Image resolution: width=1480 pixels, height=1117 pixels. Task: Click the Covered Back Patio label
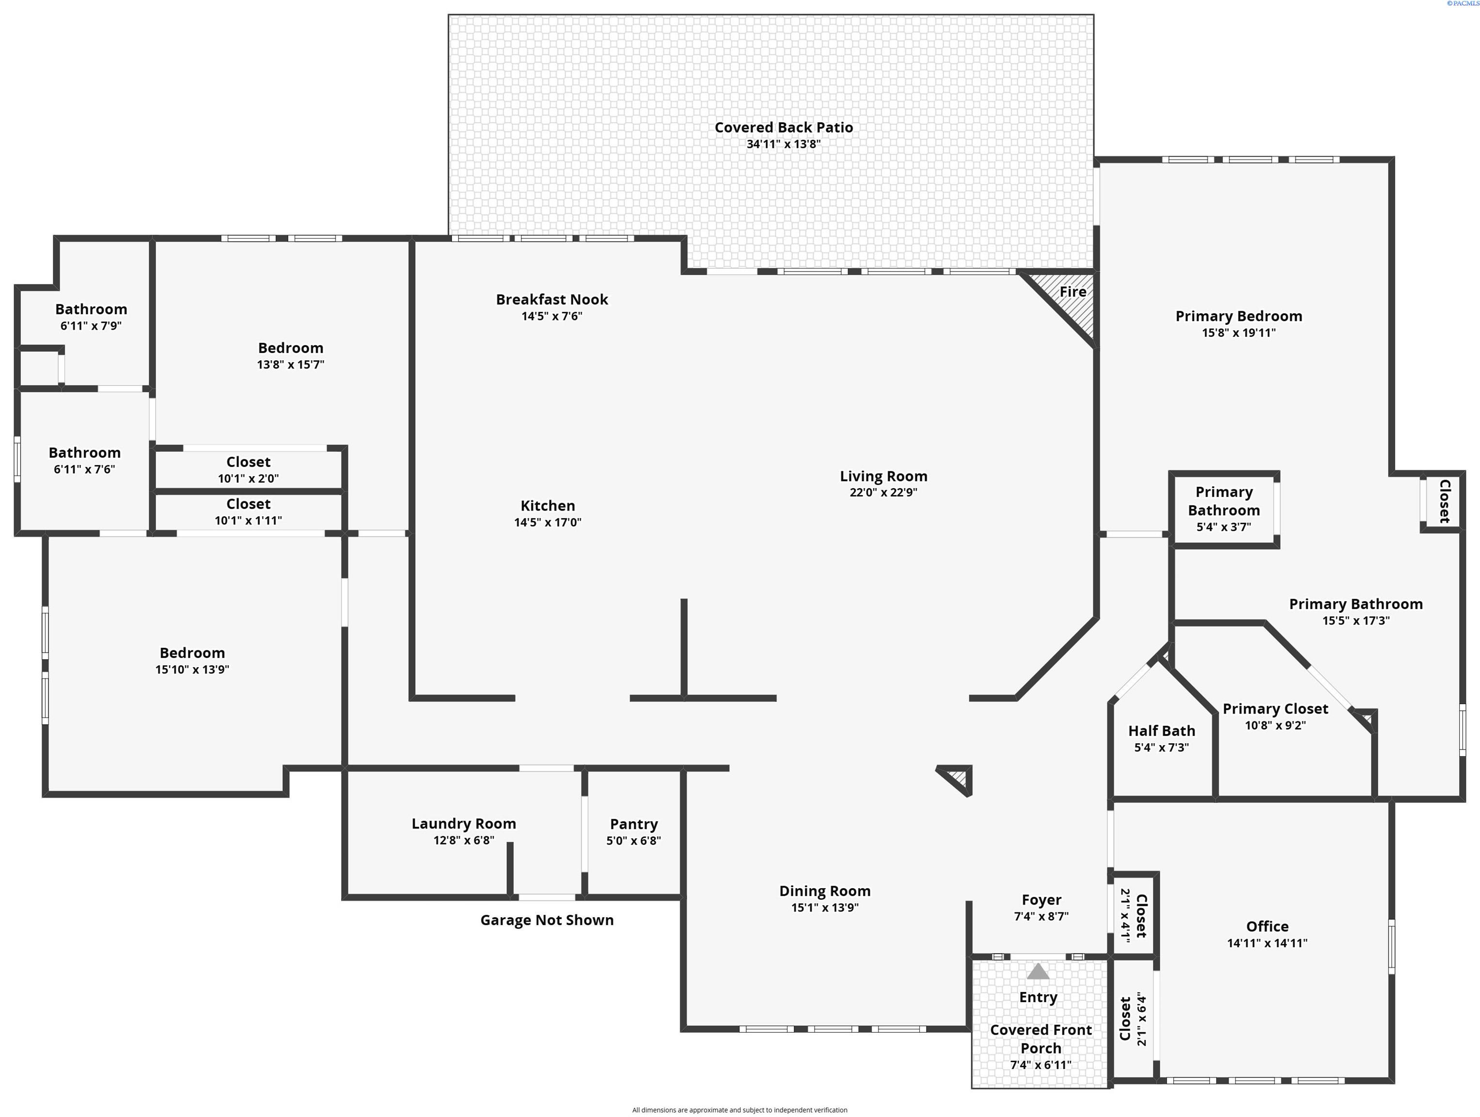[x=784, y=127]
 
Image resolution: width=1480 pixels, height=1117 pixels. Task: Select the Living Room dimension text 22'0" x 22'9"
[x=883, y=493]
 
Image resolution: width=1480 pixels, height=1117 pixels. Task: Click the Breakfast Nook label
[x=552, y=299]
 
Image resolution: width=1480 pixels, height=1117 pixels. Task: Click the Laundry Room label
[x=464, y=824]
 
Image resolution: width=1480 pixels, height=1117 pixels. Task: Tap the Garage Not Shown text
[x=547, y=920]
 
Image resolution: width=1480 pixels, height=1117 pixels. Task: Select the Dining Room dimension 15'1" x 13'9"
[x=824, y=908]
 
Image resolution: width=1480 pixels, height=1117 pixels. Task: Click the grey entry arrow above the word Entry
[x=1038, y=971]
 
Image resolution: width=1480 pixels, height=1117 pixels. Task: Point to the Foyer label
[x=1041, y=900]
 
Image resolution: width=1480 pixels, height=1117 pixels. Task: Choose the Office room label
[x=1267, y=926]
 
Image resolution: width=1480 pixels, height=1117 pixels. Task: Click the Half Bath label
[x=1162, y=731]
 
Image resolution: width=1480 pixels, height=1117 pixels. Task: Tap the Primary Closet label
[x=1275, y=709]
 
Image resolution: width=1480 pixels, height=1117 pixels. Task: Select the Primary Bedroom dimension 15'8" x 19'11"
[x=1239, y=333]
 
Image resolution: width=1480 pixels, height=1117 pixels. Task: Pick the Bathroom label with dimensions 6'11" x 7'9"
[x=91, y=309]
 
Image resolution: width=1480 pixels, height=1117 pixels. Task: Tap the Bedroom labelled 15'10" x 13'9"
[x=192, y=653]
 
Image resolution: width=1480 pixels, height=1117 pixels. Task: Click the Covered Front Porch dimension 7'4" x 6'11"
[x=1040, y=1065]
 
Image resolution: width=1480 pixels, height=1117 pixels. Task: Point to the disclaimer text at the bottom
[x=740, y=1110]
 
